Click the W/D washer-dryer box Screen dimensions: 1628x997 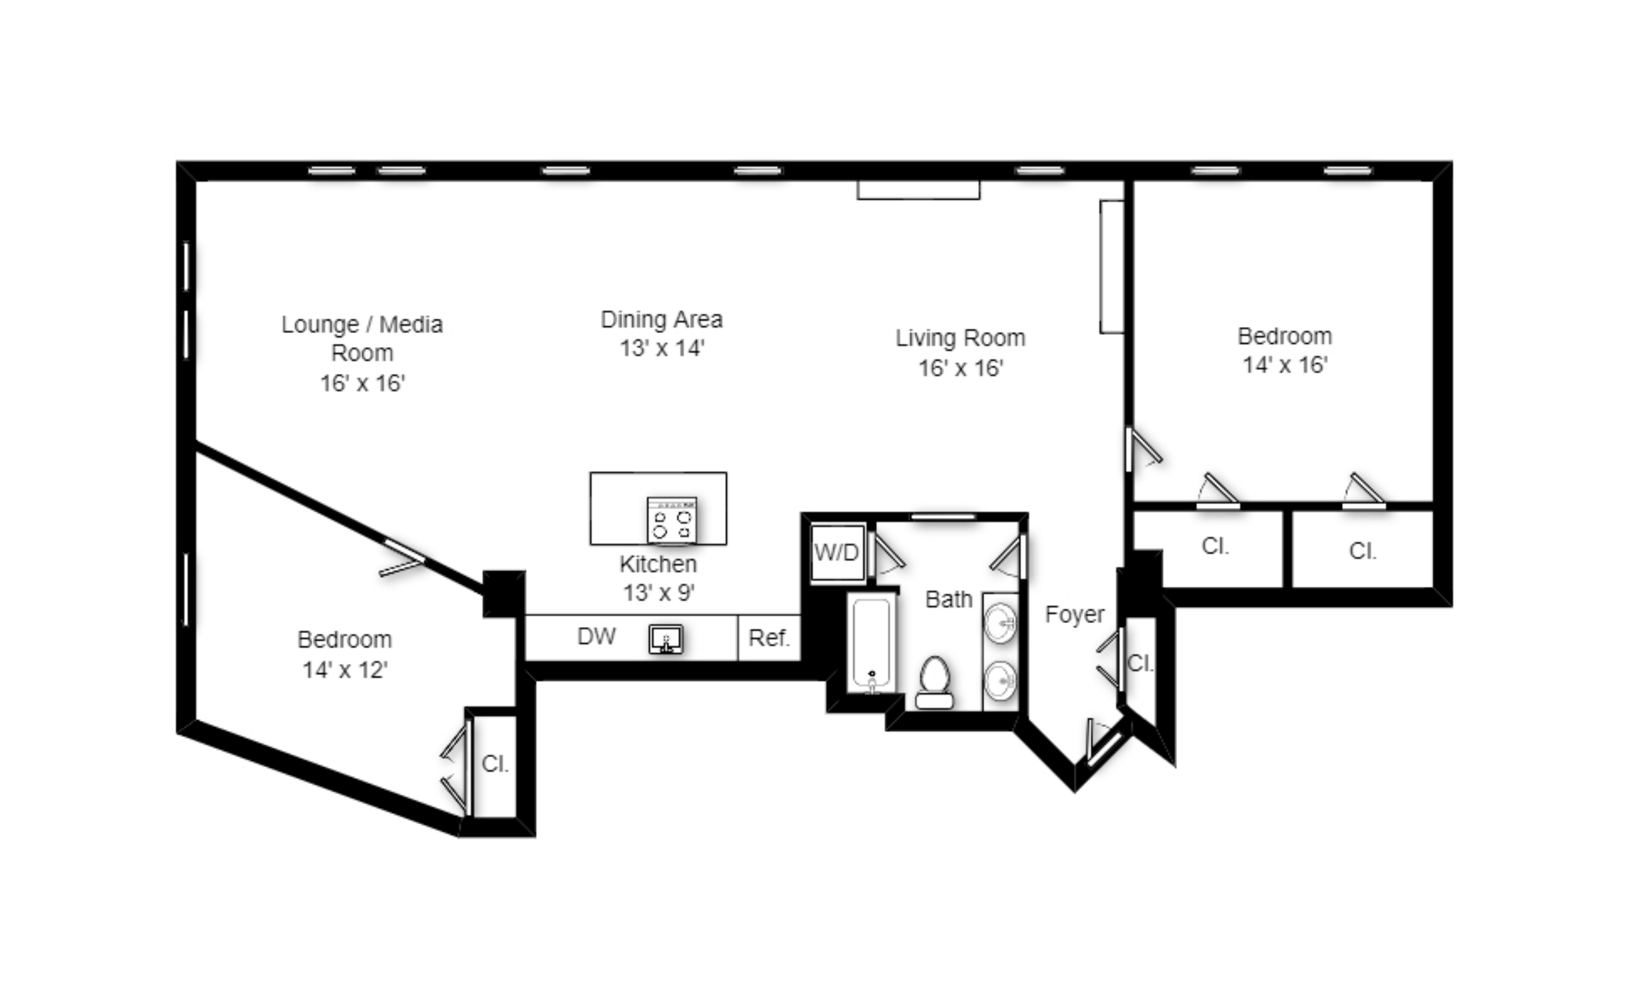coord(837,552)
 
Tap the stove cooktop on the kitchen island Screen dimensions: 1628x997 coord(672,519)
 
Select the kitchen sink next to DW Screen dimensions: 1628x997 coord(666,639)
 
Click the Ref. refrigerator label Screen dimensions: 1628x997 coord(769,637)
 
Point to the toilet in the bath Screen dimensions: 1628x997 coord(935,682)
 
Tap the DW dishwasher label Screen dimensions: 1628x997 coord(596,636)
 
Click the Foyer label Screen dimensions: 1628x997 coord(1075,614)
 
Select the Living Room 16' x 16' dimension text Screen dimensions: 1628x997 coord(960,368)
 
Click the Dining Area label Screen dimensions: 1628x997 coord(661,320)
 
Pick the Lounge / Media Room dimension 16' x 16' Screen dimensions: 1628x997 coord(362,383)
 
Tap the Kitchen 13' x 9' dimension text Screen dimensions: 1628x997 coord(659,592)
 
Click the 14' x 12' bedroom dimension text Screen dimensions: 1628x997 coord(345,669)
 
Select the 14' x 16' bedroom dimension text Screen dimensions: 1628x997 coord(1285,364)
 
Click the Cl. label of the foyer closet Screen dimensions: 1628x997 coord(1140,663)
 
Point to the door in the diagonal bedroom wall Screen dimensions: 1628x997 coord(403,558)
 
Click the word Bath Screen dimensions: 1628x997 coord(949,599)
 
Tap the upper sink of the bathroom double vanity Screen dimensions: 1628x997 coord(1000,623)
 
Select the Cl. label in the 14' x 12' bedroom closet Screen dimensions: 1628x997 coord(495,763)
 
